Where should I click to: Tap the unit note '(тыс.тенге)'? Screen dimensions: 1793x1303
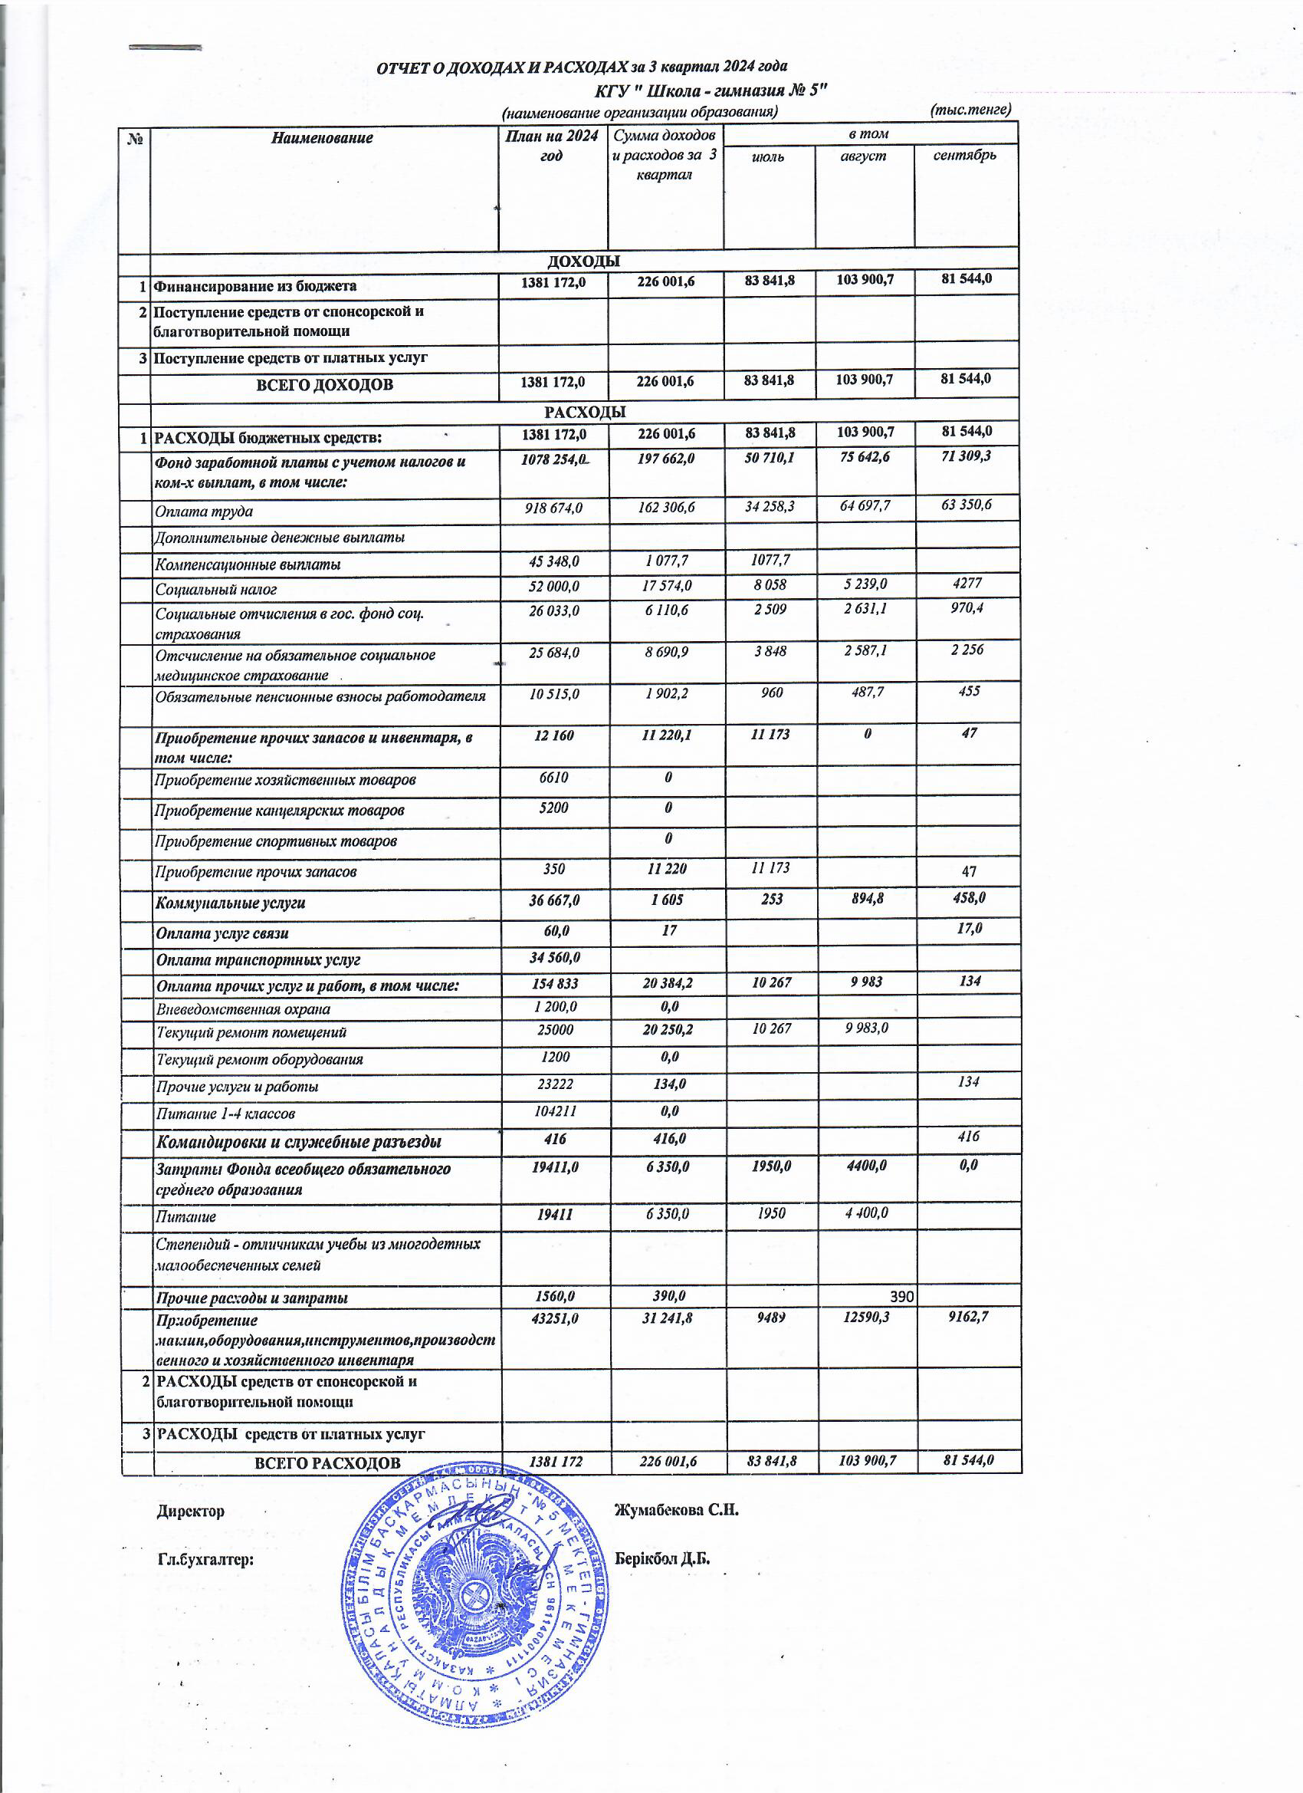971,109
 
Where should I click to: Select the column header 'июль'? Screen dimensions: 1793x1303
768,156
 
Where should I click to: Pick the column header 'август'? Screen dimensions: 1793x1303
864,156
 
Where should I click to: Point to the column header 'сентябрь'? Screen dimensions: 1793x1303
964,155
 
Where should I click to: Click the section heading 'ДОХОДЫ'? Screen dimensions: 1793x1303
583,261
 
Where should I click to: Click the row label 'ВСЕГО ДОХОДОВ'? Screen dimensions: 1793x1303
324,385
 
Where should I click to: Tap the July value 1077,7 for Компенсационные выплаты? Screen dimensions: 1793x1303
770,561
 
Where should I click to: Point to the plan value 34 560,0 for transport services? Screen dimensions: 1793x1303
554,957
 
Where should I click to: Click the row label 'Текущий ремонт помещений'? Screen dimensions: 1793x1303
251,1032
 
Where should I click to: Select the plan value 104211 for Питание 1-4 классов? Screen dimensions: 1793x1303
553,1110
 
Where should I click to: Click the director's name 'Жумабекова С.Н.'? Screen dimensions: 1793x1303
676,1511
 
